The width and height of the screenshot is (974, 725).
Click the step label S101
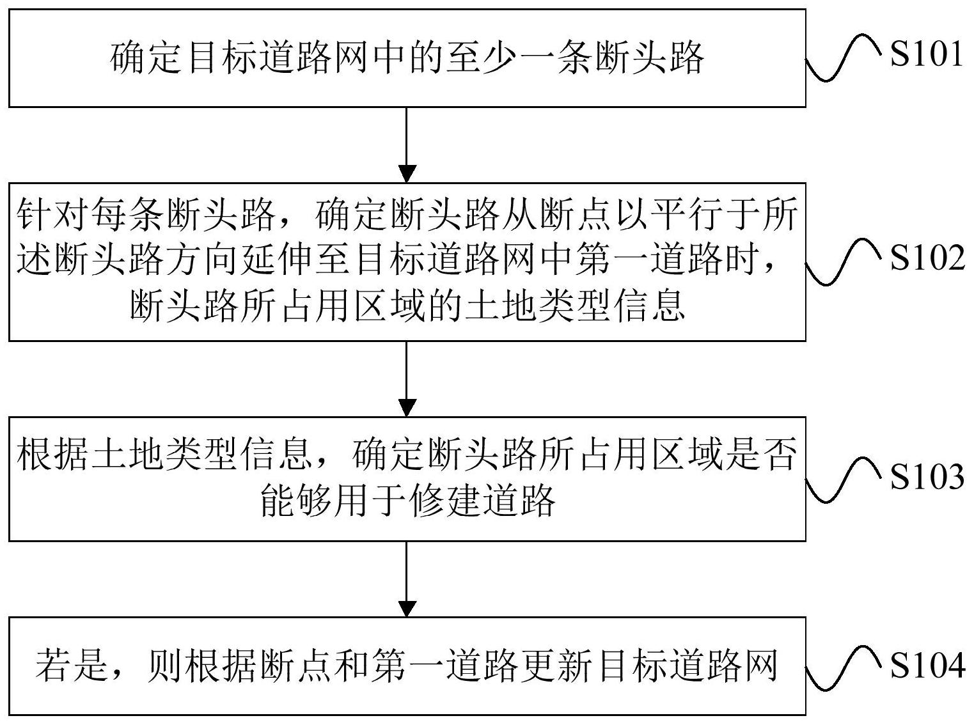pos(926,55)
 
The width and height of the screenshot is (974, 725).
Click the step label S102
pos(927,258)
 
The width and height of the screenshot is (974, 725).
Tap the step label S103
pos(927,477)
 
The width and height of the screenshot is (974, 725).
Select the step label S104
pos(927,666)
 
